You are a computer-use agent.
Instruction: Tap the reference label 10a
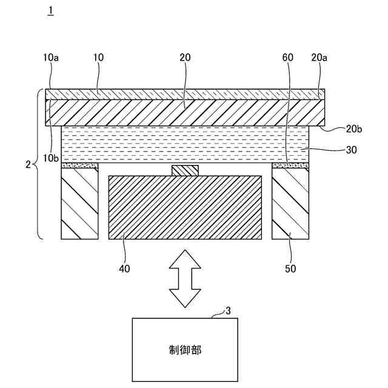(52, 58)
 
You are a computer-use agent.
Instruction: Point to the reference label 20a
(319, 58)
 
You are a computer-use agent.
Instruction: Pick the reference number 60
(288, 58)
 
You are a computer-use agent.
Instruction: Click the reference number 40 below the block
(125, 267)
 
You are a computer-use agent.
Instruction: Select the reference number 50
(290, 267)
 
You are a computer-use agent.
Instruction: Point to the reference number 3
(228, 310)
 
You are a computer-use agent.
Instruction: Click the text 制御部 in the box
(185, 350)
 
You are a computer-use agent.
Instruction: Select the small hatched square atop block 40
(185, 170)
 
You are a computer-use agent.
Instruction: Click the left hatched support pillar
(79, 203)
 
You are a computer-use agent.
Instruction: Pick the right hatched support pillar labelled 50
(290, 203)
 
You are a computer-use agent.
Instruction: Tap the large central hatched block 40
(185, 207)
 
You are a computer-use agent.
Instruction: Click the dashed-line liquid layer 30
(185, 144)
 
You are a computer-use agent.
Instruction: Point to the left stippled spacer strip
(79, 165)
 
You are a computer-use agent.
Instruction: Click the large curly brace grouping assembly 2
(39, 164)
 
